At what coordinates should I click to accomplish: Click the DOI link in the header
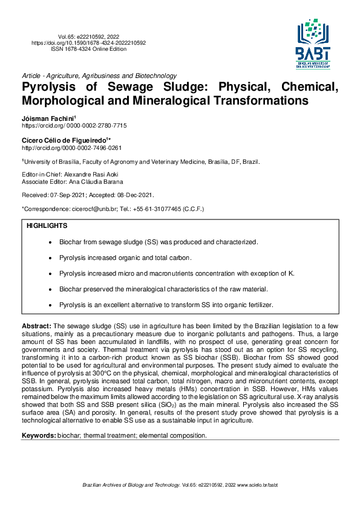point(88,43)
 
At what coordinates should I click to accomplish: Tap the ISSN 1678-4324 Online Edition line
point(88,49)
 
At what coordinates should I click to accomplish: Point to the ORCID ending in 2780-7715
point(74,125)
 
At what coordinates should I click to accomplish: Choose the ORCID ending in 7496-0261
point(71,148)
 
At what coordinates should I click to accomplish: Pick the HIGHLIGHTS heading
point(47,225)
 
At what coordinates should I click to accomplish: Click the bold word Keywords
point(39,435)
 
